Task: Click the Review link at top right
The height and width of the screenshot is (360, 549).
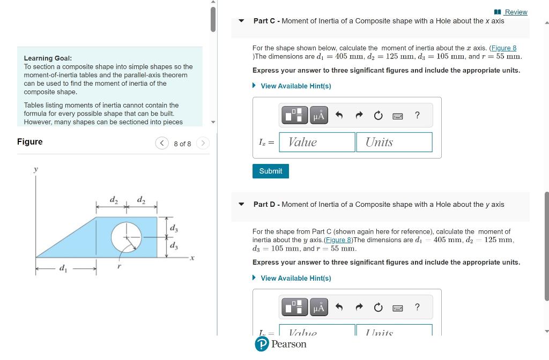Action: click(x=515, y=12)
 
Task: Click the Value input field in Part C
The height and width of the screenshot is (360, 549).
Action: click(x=317, y=142)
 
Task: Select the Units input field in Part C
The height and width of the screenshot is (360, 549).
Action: click(x=394, y=142)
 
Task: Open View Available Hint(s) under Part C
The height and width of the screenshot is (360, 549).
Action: click(x=295, y=86)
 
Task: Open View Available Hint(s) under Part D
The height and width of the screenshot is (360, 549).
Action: click(x=295, y=278)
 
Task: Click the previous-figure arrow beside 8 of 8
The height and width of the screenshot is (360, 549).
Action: click(x=161, y=144)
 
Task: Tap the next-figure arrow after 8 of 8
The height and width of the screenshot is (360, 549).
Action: click(x=203, y=144)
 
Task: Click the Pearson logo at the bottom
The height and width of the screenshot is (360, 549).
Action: click(x=281, y=344)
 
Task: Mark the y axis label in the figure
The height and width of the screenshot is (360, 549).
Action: click(x=36, y=169)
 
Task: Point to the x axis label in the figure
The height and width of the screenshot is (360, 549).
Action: click(x=192, y=258)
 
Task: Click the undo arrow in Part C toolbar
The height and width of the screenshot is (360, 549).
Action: click(x=339, y=115)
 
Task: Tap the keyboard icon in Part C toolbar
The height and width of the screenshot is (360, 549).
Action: click(x=397, y=116)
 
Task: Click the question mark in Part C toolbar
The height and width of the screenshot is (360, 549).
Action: click(x=417, y=115)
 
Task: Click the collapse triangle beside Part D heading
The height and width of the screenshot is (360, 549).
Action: click(x=242, y=204)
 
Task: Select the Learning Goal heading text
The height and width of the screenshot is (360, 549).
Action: click(x=48, y=58)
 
